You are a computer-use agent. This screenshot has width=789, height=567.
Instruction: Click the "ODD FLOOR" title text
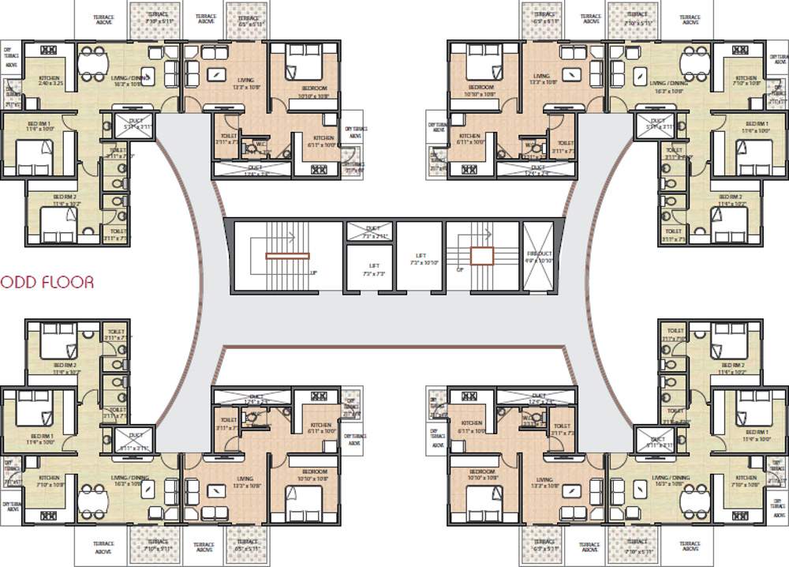47,282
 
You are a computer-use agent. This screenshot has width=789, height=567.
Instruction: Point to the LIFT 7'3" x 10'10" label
419,260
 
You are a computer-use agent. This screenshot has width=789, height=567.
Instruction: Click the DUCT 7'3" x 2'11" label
368,232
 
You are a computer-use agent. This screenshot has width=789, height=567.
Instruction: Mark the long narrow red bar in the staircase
287,256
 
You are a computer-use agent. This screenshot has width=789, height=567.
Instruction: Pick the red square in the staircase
482,256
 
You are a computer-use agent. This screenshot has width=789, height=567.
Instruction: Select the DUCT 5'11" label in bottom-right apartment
657,442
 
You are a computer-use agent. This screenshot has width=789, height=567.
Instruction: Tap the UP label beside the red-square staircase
461,269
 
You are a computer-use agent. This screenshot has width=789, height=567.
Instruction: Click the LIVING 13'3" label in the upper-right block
544,79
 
